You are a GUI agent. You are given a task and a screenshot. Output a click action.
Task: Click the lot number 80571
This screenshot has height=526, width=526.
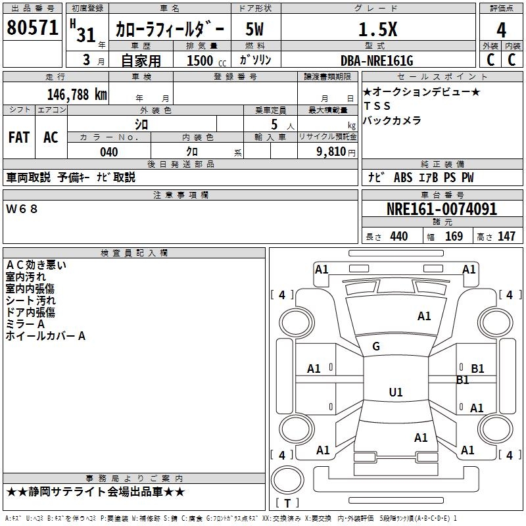33,28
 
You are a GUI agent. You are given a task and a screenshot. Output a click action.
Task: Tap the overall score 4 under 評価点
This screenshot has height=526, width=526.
502,30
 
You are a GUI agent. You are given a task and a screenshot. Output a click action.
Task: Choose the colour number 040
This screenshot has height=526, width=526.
108,152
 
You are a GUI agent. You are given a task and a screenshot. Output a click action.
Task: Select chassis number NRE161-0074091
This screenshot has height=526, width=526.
442,210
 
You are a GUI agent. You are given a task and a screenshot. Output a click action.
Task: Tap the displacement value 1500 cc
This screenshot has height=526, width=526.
204,60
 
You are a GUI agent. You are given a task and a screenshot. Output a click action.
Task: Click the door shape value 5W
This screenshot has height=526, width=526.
255,29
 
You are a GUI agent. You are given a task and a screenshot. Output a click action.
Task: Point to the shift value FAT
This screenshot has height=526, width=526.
18,137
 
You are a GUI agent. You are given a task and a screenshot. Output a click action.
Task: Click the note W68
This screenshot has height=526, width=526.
22,209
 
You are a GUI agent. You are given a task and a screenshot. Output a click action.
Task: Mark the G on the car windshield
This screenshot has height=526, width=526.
376,347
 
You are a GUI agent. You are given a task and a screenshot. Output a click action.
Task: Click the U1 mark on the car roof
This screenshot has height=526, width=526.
396,393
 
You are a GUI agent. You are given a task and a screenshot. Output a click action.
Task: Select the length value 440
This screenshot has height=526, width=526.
398,237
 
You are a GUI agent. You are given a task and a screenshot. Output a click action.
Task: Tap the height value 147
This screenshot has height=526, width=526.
506,237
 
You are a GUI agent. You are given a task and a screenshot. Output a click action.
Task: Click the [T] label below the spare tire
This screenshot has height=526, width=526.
287,504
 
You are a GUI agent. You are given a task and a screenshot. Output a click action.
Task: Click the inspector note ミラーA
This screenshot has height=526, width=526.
25,324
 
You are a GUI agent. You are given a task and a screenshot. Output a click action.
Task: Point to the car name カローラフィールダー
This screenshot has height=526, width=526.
170,30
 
